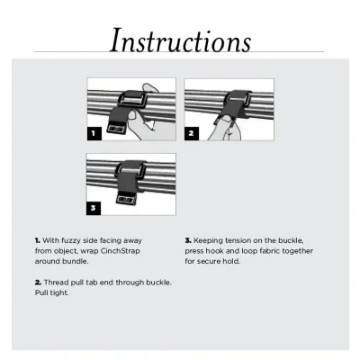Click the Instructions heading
click(x=180, y=40)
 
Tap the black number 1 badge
click(x=94, y=133)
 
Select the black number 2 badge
click(x=192, y=133)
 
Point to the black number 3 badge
click(x=94, y=208)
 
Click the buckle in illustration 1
click(x=133, y=98)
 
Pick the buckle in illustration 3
click(x=131, y=169)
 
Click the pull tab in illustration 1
click(x=116, y=128)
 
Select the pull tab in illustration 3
click(x=125, y=199)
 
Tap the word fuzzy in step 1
click(x=70, y=240)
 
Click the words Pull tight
click(x=52, y=292)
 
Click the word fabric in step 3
click(x=269, y=251)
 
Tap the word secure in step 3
click(x=208, y=261)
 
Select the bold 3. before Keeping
click(x=188, y=240)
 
